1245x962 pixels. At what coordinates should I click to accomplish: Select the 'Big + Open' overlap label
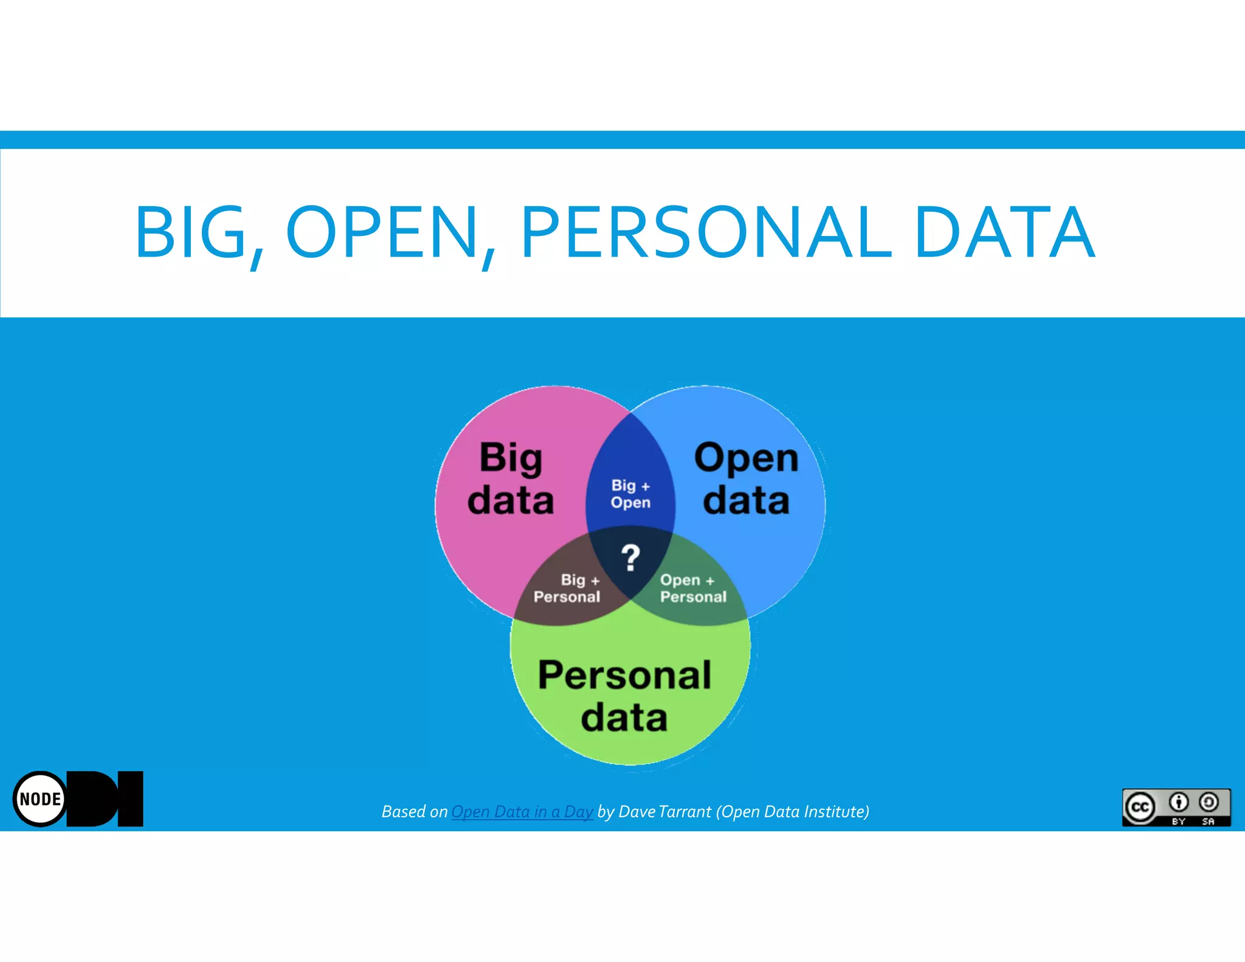pos(630,494)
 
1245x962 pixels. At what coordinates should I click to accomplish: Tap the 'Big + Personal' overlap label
pos(567,588)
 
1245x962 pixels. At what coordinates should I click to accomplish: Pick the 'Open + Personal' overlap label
pos(693,588)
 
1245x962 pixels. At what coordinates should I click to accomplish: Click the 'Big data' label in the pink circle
pos(511,479)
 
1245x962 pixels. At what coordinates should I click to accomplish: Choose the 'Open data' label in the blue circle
pos(746,479)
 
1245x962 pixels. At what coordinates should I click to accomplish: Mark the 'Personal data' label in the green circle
pos(624,696)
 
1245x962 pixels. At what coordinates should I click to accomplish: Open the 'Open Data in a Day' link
pos(522,812)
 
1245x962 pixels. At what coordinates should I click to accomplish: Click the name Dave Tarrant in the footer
pos(664,812)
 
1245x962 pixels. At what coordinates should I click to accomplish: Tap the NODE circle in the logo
pos(40,799)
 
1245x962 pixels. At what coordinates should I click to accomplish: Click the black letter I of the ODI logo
pos(131,798)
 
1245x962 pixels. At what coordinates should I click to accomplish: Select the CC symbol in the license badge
pos(1140,807)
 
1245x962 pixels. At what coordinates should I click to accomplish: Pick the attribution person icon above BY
pos(1179,803)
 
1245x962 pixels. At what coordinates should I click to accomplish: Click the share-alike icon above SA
pos(1209,803)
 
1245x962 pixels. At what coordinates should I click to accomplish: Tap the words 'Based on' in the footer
pos(414,812)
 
